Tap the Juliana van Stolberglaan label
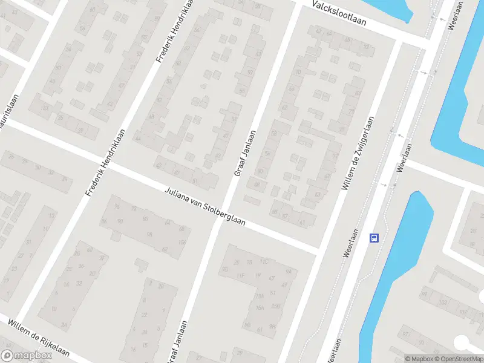click(205, 207)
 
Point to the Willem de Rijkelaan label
click(38, 338)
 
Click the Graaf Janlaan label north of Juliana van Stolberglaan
click(244, 154)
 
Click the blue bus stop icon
click(374, 238)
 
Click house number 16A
click(260, 307)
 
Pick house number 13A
click(260, 296)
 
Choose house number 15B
click(275, 305)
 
